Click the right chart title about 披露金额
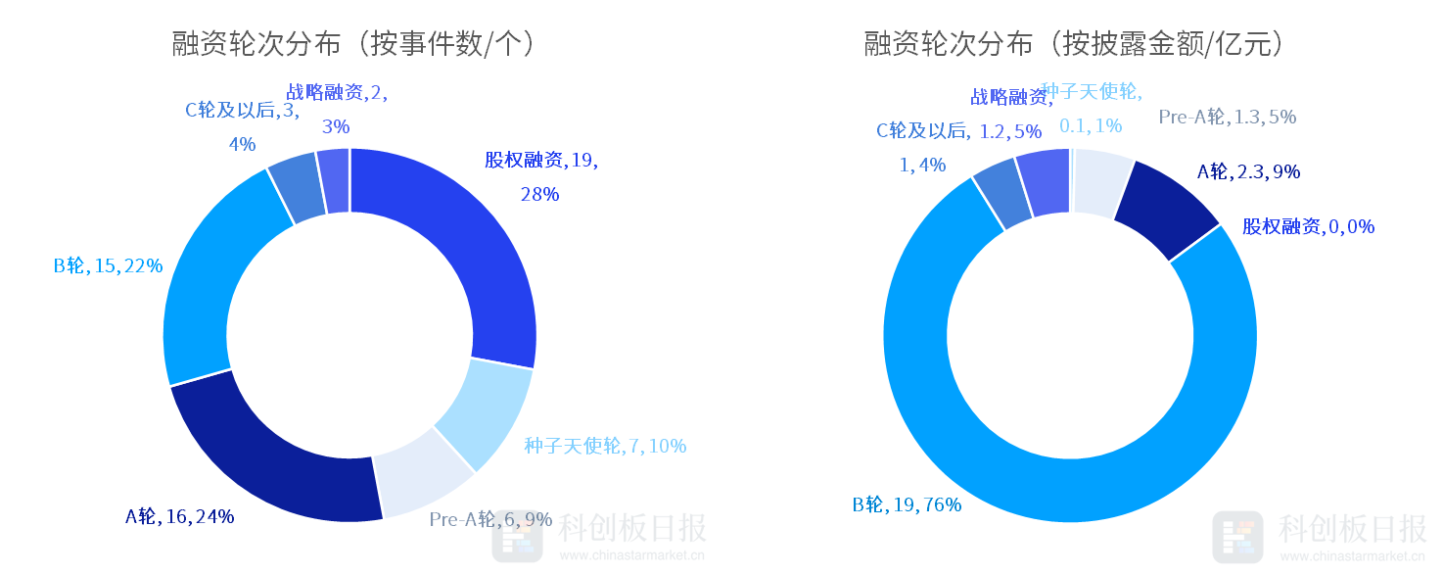(x=1073, y=44)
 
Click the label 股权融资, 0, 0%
(x=1308, y=227)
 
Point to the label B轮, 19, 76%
(x=907, y=505)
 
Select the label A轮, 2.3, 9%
(x=1248, y=172)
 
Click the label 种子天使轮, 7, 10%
(x=605, y=446)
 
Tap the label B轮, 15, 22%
(x=108, y=265)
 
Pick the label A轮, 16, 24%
(x=179, y=516)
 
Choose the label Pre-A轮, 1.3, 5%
(x=1227, y=118)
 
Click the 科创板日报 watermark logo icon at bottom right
(x=1237, y=536)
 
